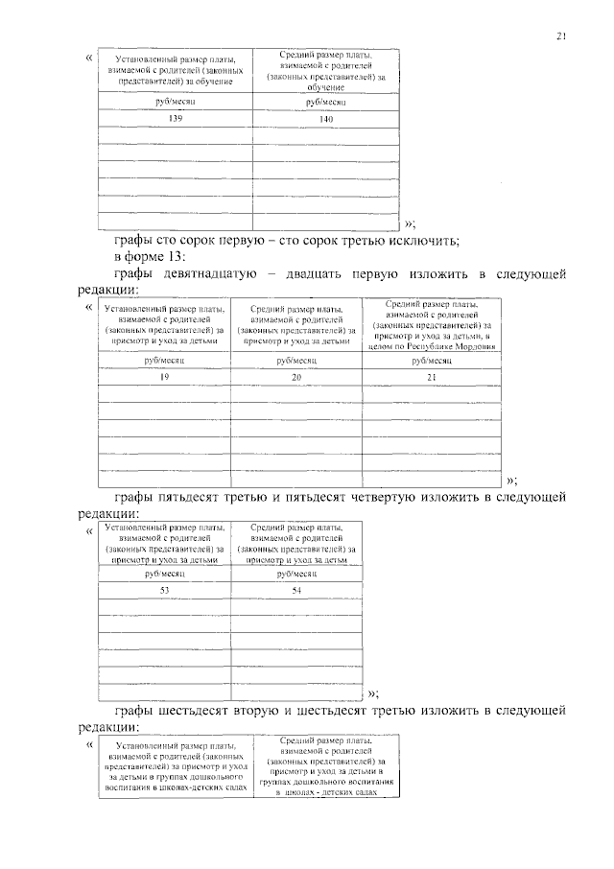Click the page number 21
click(x=561, y=36)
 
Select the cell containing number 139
click(x=175, y=119)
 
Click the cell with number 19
click(x=164, y=377)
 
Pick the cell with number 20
click(x=295, y=377)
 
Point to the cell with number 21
click(x=430, y=377)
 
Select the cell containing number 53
click(x=164, y=590)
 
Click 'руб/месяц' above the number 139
click(x=175, y=101)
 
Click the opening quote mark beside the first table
click(x=89, y=57)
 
